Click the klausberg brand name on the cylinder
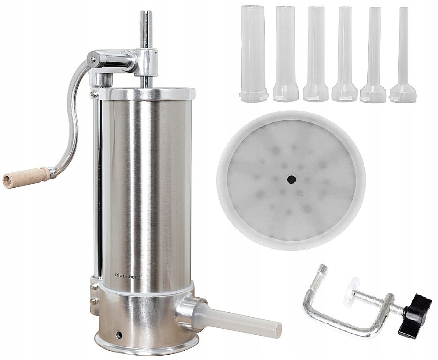[x=129, y=275]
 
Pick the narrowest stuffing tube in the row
[x=403, y=54]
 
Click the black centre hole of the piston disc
[x=291, y=179]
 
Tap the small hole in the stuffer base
[x=119, y=335]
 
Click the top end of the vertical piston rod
[x=146, y=12]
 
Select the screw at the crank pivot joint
[x=93, y=59]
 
